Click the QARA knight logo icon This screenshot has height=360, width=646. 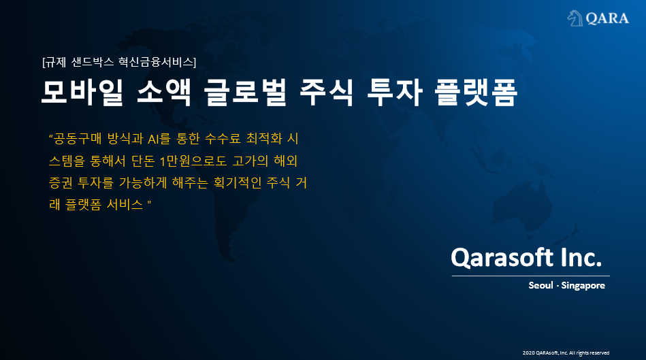576,18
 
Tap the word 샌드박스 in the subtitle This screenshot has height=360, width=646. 93,62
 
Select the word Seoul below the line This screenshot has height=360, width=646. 540,286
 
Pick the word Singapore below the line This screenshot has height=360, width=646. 583,286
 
